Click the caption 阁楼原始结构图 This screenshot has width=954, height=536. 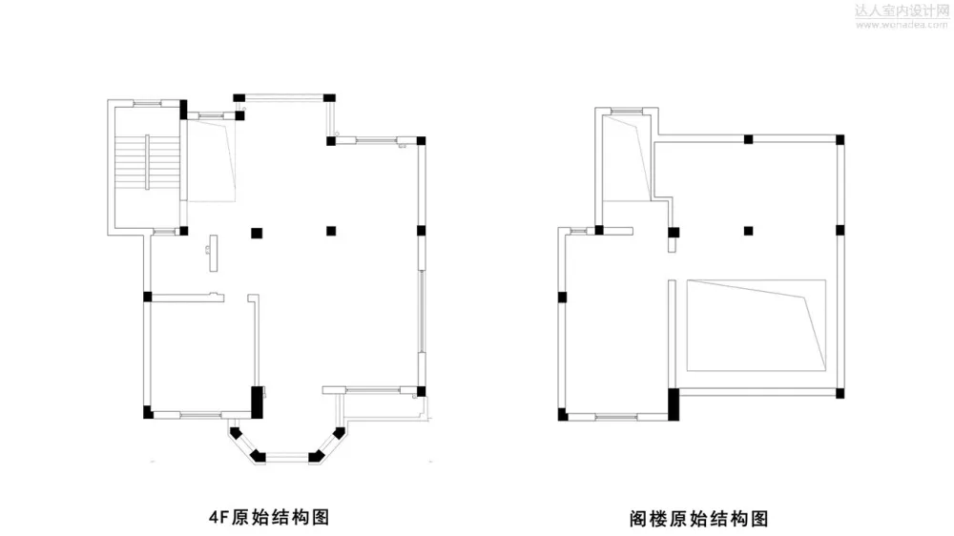(x=698, y=519)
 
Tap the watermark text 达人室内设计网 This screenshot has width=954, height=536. (x=900, y=10)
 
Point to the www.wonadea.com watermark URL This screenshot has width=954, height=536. (x=900, y=25)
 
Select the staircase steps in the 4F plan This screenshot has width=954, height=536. (x=146, y=161)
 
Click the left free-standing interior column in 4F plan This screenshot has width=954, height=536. (x=255, y=231)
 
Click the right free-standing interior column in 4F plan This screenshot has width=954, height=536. (x=330, y=230)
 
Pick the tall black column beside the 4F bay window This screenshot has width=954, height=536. (x=256, y=401)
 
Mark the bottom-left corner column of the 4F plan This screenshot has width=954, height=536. (x=148, y=413)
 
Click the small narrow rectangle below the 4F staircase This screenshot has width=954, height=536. (x=211, y=253)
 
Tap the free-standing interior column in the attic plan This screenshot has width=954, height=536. (x=749, y=230)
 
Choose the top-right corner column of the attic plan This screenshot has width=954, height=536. (x=840, y=140)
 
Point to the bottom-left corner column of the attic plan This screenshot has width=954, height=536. (x=563, y=414)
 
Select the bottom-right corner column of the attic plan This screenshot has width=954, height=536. (x=840, y=391)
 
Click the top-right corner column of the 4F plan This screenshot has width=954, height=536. (x=420, y=141)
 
